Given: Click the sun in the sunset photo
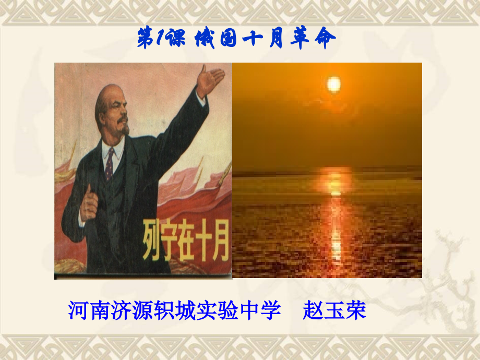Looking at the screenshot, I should pos(333,83).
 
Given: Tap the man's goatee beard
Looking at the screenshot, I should pos(123,127).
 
